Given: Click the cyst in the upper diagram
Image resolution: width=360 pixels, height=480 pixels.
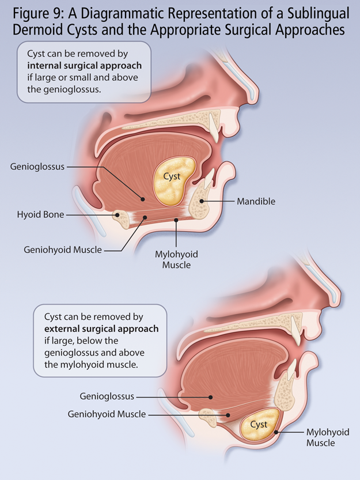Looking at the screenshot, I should (x=172, y=184).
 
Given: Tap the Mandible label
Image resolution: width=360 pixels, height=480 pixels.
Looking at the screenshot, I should (x=256, y=202).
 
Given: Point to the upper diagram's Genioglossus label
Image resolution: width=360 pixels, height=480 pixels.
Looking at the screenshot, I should (x=37, y=167).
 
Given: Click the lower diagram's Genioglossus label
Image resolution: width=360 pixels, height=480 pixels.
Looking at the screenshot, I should (x=107, y=396).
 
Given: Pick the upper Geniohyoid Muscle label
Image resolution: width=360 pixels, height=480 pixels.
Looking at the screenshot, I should (x=63, y=250).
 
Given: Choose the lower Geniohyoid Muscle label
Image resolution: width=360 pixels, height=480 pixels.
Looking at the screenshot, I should (x=107, y=414).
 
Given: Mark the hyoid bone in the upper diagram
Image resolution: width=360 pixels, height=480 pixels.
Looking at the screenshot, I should (x=123, y=217).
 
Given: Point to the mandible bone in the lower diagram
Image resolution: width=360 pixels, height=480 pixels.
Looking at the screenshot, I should (x=285, y=392).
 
